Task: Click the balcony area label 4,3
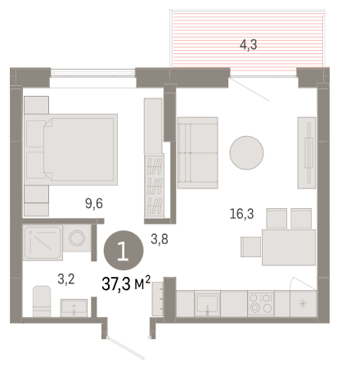(248, 45)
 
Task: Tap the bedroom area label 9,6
(94, 203)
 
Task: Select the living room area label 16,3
(241, 214)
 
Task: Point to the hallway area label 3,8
(160, 239)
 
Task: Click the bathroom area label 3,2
(66, 279)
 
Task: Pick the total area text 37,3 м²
(126, 283)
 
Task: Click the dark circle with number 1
(124, 251)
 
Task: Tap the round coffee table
(246, 153)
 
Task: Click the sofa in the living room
(198, 153)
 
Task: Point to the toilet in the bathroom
(42, 301)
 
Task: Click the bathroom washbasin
(74, 308)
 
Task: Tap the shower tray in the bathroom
(43, 242)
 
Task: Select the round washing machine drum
(77, 238)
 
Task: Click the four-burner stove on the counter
(261, 303)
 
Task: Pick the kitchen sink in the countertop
(207, 303)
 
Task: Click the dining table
(289, 247)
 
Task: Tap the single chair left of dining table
(250, 247)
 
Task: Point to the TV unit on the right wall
(307, 153)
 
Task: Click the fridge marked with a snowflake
(304, 304)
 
